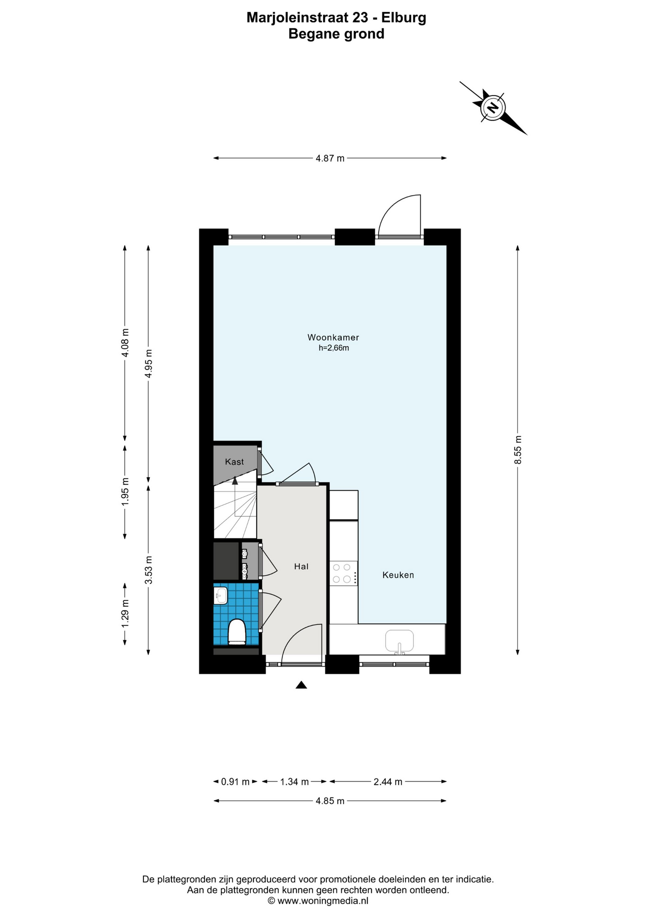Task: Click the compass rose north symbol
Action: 493,107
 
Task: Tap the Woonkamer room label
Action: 333,337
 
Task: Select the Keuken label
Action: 398,575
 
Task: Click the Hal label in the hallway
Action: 301,566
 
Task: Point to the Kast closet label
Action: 234,461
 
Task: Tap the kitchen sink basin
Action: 400,641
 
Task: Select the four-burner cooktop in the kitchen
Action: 343,573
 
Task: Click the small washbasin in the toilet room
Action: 221,595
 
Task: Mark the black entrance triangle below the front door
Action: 301,685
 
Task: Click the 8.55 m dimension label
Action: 518,449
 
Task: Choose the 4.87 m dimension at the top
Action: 330,158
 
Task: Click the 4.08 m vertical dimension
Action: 125,342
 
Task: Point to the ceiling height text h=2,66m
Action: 334,348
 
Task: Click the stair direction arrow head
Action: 235,481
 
